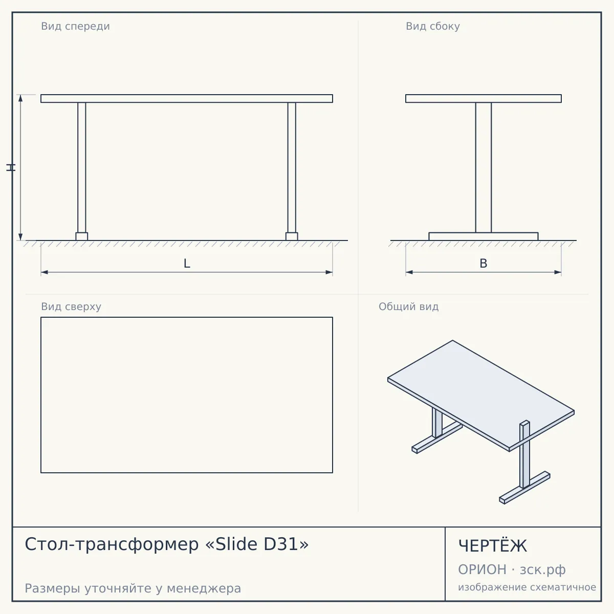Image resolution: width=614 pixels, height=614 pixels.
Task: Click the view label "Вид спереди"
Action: tap(75, 27)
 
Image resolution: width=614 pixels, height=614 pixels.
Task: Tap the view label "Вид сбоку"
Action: tap(433, 27)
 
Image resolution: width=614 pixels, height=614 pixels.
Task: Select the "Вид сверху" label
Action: tap(71, 306)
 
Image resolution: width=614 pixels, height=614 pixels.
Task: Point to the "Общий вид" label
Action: tap(408, 306)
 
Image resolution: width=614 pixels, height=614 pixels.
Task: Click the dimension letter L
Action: tap(187, 264)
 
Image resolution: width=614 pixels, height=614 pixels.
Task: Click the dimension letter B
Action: tap(484, 264)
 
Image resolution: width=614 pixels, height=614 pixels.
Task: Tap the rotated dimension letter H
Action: tap(11, 168)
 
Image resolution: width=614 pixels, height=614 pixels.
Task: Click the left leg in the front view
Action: tap(81, 168)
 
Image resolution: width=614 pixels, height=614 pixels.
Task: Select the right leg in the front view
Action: tap(292, 168)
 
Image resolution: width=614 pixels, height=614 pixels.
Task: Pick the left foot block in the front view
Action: tap(81, 236)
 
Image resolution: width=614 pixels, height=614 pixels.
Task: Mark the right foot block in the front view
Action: tap(292, 236)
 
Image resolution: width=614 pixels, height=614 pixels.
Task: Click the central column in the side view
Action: tap(484, 168)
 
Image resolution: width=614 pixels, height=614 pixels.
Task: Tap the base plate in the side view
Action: tap(484, 236)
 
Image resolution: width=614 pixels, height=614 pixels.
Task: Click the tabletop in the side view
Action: tap(484, 98)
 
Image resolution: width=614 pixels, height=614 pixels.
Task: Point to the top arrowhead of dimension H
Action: tap(20, 98)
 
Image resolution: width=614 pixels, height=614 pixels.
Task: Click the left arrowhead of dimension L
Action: tap(45, 272)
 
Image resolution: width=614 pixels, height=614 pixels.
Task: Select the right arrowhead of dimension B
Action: tap(558, 272)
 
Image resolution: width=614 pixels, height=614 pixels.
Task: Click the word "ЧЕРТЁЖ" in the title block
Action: tap(493, 546)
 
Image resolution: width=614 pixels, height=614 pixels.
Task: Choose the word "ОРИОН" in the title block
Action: tap(482, 569)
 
